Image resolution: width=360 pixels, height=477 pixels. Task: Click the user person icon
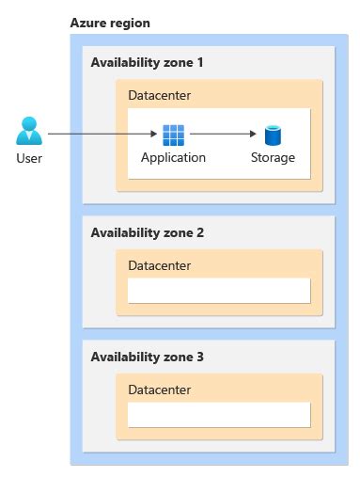click(29, 131)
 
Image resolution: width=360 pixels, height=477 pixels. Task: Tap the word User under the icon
click(29, 158)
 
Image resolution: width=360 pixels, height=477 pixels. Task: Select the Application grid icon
click(173, 135)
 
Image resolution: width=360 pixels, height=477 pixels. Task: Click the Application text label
click(173, 157)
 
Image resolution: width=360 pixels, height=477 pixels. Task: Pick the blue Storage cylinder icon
click(273, 135)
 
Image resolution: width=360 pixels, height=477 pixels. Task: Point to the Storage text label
click(273, 157)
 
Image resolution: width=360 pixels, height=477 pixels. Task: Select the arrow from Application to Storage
click(222, 135)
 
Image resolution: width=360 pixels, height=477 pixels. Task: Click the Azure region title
click(110, 22)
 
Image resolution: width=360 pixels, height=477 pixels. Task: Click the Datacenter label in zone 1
click(160, 96)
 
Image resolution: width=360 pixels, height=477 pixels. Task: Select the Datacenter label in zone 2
click(160, 265)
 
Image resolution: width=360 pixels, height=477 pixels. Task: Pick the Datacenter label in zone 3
click(160, 390)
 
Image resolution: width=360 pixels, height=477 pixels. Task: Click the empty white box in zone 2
click(219, 290)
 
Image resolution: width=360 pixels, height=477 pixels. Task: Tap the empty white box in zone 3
click(219, 415)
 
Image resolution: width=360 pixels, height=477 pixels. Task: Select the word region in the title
click(130, 22)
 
